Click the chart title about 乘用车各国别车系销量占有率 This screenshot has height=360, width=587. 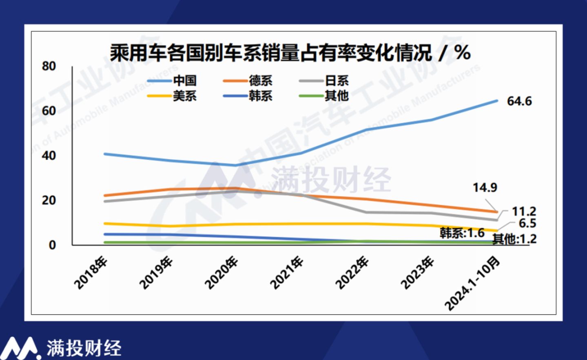(x=290, y=53)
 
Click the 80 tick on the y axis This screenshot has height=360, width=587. (x=49, y=66)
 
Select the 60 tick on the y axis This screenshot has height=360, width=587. (x=49, y=111)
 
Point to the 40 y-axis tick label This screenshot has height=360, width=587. (x=49, y=156)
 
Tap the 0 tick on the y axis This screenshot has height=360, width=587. (x=52, y=245)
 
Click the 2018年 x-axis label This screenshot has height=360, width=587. (x=91, y=273)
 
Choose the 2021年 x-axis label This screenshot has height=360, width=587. (x=287, y=273)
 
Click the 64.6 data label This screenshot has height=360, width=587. (x=519, y=101)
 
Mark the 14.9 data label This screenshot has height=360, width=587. (x=485, y=187)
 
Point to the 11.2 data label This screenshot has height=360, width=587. (x=524, y=211)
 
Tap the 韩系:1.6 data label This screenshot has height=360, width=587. (x=462, y=233)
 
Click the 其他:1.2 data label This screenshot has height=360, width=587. (x=514, y=239)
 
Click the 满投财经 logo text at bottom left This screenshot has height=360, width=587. (x=84, y=348)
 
